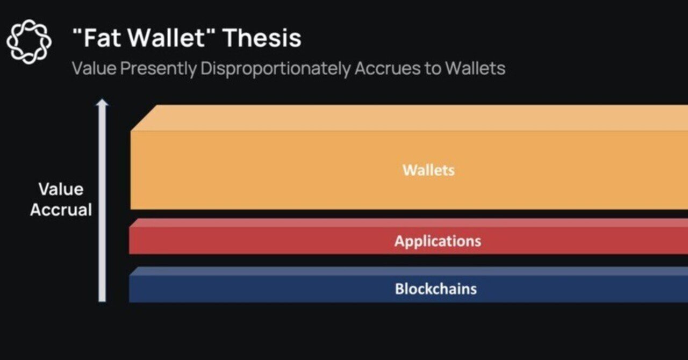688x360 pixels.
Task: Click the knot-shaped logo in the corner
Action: pos(29,42)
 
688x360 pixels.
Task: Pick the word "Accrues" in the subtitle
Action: pos(386,69)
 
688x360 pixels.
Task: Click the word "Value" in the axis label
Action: pos(61,189)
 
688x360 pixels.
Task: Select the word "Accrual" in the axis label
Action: pos(61,210)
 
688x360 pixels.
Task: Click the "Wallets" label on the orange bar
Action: pos(428,170)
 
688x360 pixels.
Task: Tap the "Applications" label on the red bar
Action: pos(438,241)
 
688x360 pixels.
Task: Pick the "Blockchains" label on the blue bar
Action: pos(435,289)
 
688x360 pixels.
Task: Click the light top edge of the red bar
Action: pos(408,223)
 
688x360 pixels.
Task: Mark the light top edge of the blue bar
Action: pos(408,271)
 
